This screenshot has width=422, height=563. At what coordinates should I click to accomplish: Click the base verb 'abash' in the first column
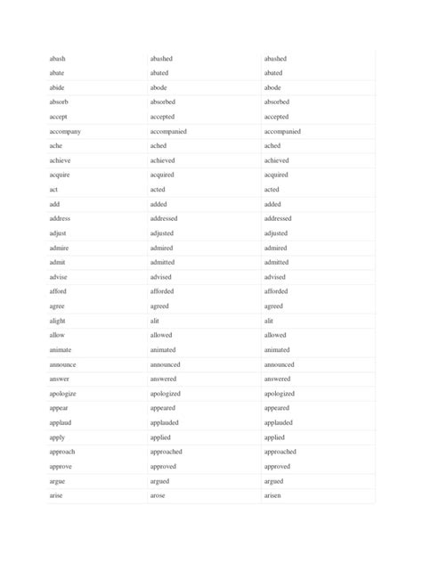[x=58, y=59]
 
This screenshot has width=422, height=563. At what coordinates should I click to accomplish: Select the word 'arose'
[x=160, y=495]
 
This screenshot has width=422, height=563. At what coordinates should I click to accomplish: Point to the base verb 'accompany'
[x=66, y=132]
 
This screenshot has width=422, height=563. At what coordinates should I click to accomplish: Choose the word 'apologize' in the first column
[x=63, y=393]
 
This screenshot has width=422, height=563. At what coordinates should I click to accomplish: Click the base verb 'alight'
[x=59, y=321]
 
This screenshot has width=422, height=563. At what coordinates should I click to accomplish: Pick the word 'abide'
[x=58, y=88]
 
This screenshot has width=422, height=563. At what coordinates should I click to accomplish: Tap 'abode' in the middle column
[x=161, y=88]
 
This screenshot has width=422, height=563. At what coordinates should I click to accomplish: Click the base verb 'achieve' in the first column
[x=61, y=160]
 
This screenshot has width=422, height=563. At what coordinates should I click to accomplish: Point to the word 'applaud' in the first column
[x=61, y=423]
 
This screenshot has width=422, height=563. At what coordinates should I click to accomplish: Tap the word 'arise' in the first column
[x=57, y=495]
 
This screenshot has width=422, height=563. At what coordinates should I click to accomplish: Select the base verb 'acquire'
[x=61, y=175]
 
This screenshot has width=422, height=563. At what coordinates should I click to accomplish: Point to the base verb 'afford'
[x=59, y=291]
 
